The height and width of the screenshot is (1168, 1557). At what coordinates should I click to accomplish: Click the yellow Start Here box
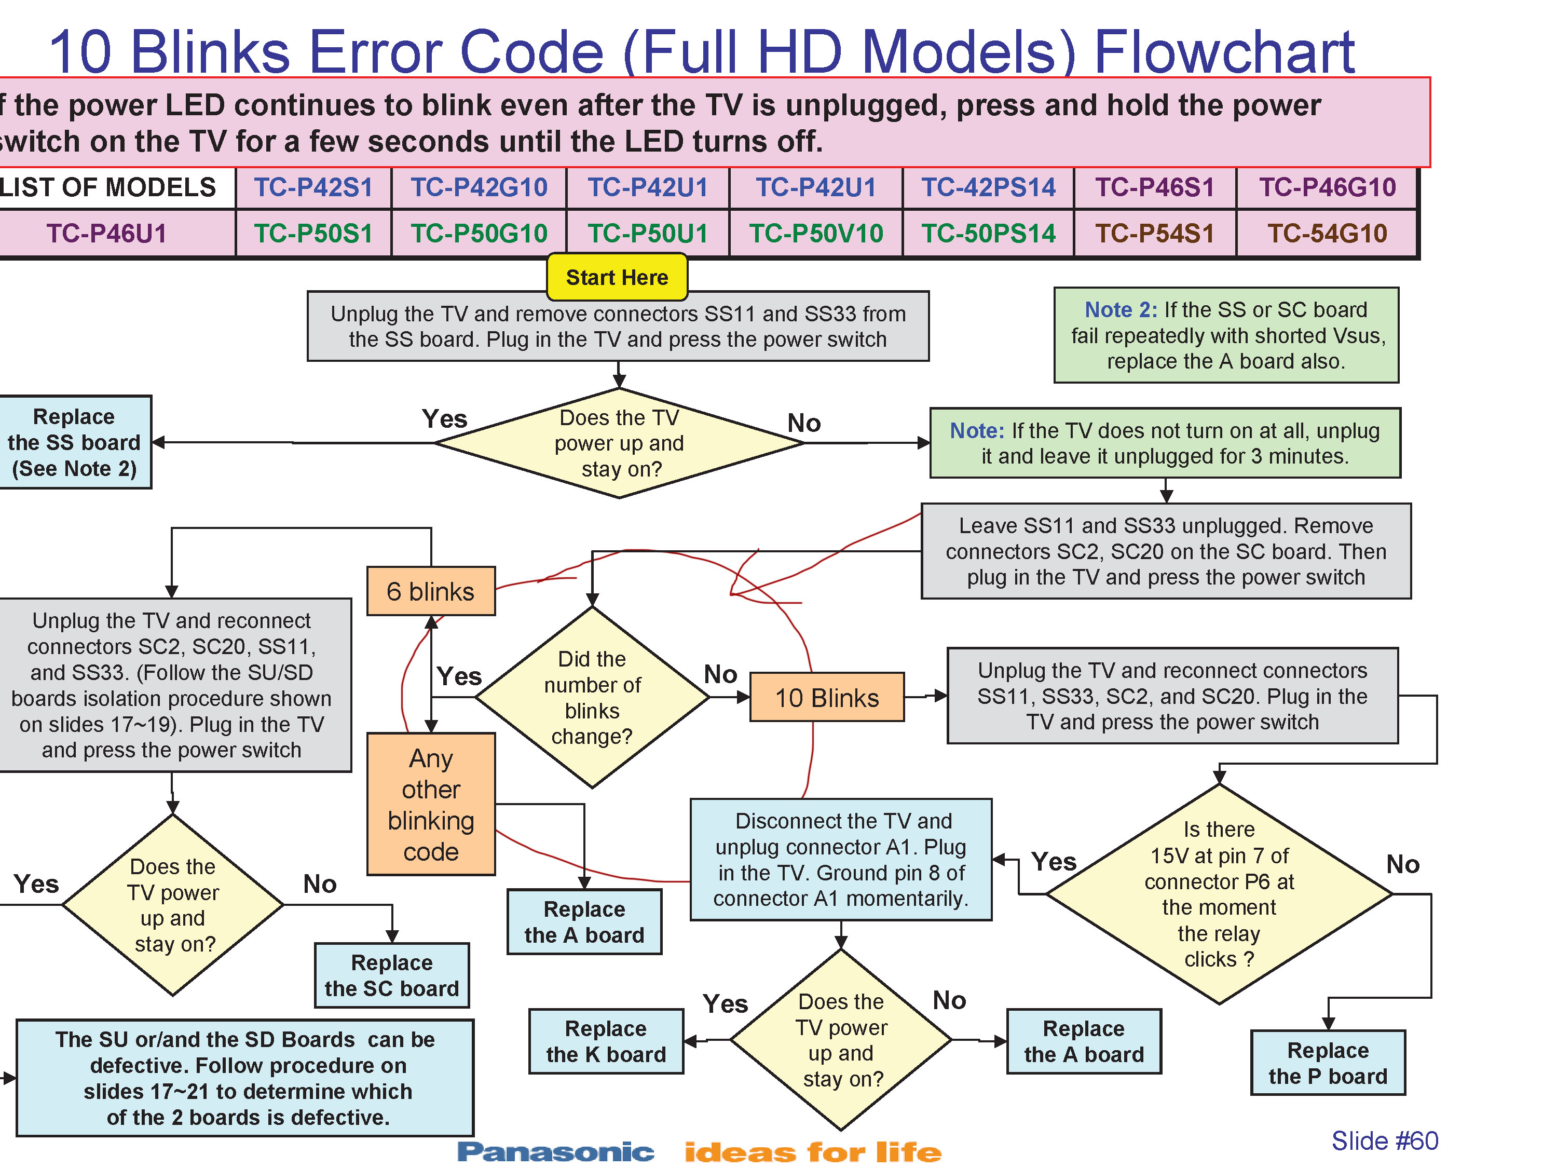click(x=617, y=277)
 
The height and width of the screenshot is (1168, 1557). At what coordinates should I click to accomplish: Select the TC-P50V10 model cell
click(x=815, y=233)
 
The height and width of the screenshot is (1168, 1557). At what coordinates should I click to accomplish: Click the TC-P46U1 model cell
click(x=107, y=233)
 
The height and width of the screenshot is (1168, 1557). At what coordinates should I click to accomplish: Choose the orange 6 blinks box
click(x=430, y=591)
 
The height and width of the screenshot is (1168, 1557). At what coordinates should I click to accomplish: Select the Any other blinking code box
click(x=431, y=804)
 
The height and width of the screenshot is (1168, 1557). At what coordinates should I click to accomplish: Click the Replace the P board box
click(x=1328, y=1063)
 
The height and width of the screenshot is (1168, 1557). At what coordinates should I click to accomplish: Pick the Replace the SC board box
click(x=391, y=975)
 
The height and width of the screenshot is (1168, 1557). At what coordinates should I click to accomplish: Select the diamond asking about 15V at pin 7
click(x=1219, y=894)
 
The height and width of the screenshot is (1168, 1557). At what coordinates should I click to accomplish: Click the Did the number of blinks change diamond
click(x=592, y=698)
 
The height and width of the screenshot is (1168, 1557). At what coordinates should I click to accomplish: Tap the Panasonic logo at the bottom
click(x=555, y=1152)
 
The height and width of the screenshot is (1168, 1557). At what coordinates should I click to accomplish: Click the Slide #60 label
click(x=1384, y=1140)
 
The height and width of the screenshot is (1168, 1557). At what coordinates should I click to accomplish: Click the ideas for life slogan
click(x=812, y=1152)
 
